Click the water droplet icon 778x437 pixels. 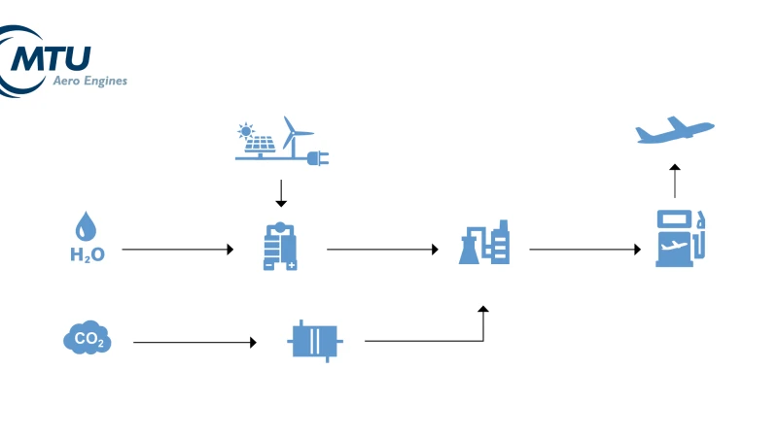[x=87, y=228]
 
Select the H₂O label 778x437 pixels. [x=87, y=255]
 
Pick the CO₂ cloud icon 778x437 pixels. [x=87, y=339]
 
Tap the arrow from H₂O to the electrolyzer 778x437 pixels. [x=178, y=250]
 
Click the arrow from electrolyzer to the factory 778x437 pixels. [x=382, y=250]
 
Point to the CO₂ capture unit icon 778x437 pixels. [x=314, y=341]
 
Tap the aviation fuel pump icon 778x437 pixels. [x=679, y=237]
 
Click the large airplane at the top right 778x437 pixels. [x=674, y=131]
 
